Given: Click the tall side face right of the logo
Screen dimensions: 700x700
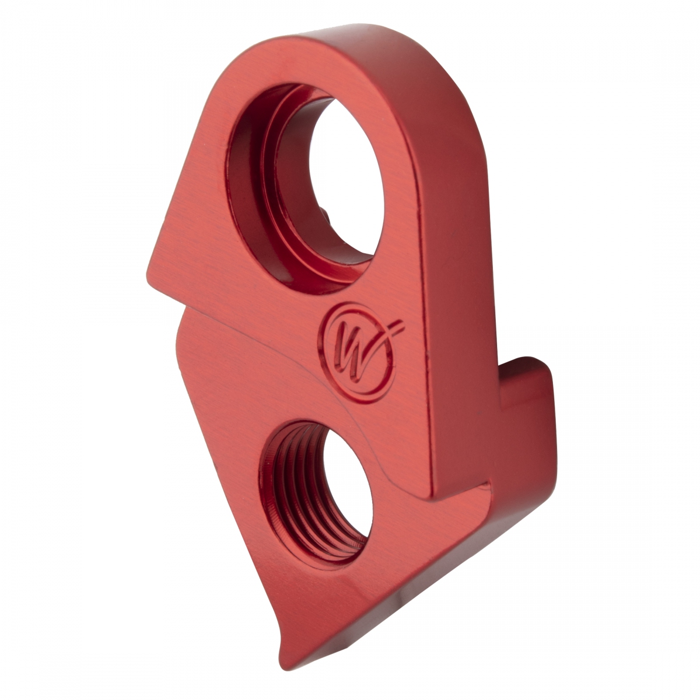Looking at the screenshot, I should [x=455, y=292].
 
